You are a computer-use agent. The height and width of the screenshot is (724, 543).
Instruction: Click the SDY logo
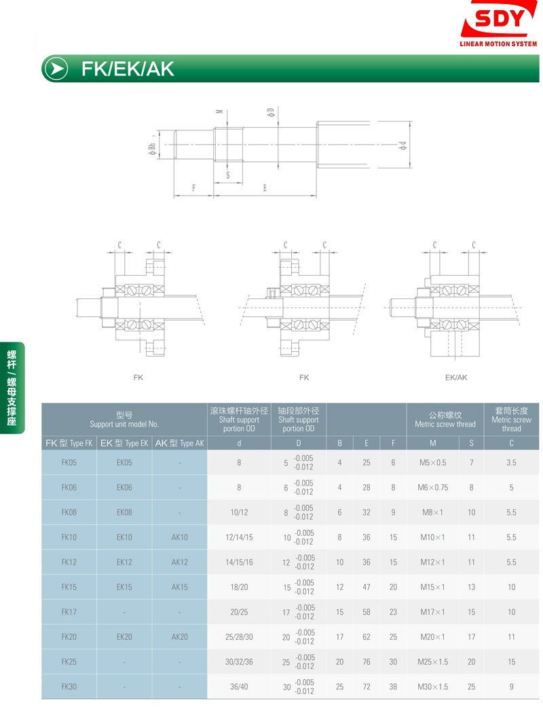499,23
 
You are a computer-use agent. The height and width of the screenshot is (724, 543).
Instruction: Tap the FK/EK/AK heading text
128,69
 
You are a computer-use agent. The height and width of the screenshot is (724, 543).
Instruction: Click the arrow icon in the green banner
56,69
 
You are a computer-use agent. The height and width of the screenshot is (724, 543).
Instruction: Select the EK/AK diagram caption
456,377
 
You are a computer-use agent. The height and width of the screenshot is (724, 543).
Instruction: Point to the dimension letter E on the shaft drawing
265,188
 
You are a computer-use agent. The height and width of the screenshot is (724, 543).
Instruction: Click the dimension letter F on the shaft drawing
193,188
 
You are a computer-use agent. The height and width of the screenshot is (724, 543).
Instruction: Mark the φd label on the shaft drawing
402,145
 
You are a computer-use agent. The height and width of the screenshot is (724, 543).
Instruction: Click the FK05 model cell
69,463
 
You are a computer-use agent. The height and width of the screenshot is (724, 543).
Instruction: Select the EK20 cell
124,637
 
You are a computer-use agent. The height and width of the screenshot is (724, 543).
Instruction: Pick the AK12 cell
179,562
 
